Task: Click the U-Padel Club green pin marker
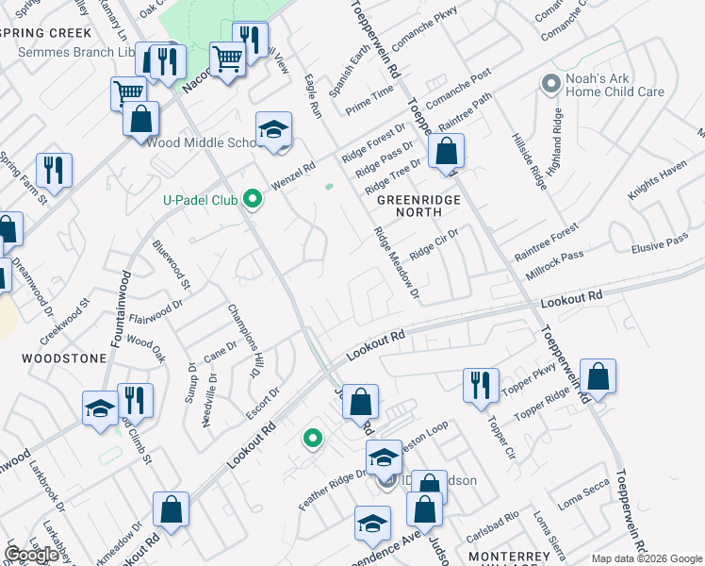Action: pos(252,199)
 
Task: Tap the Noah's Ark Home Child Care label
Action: pos(615,85)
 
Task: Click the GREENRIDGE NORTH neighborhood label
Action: pos(410,207)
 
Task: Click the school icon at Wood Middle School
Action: pos(273,129)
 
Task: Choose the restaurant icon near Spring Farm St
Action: pos(55,170)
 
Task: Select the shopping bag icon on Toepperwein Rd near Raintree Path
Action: pos(447,150)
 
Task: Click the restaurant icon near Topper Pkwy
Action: pos(481,384)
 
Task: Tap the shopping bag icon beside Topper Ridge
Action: pos(598,376)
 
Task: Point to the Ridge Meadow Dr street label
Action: pos(395,264)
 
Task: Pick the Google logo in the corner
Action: pos(32,555)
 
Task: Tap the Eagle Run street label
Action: pos(314,97)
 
